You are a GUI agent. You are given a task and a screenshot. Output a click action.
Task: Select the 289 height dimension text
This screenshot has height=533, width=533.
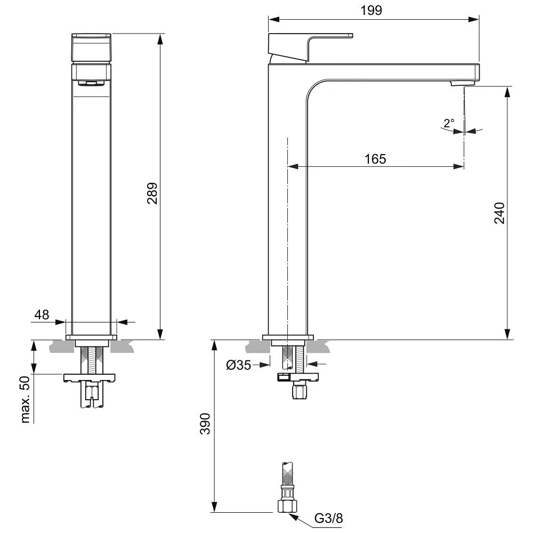point(152,193)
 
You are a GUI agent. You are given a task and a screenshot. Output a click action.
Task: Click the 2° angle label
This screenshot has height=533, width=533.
point(449,123)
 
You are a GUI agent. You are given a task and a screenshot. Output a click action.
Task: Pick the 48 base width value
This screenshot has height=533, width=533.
point(42,314)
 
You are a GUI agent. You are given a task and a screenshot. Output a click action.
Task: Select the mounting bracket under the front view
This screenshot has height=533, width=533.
point(90,378)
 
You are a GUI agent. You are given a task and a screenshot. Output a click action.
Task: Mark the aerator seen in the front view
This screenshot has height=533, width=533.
point(91,83)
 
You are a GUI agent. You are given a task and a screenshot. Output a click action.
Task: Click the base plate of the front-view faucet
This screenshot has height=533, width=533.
point(91,337)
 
